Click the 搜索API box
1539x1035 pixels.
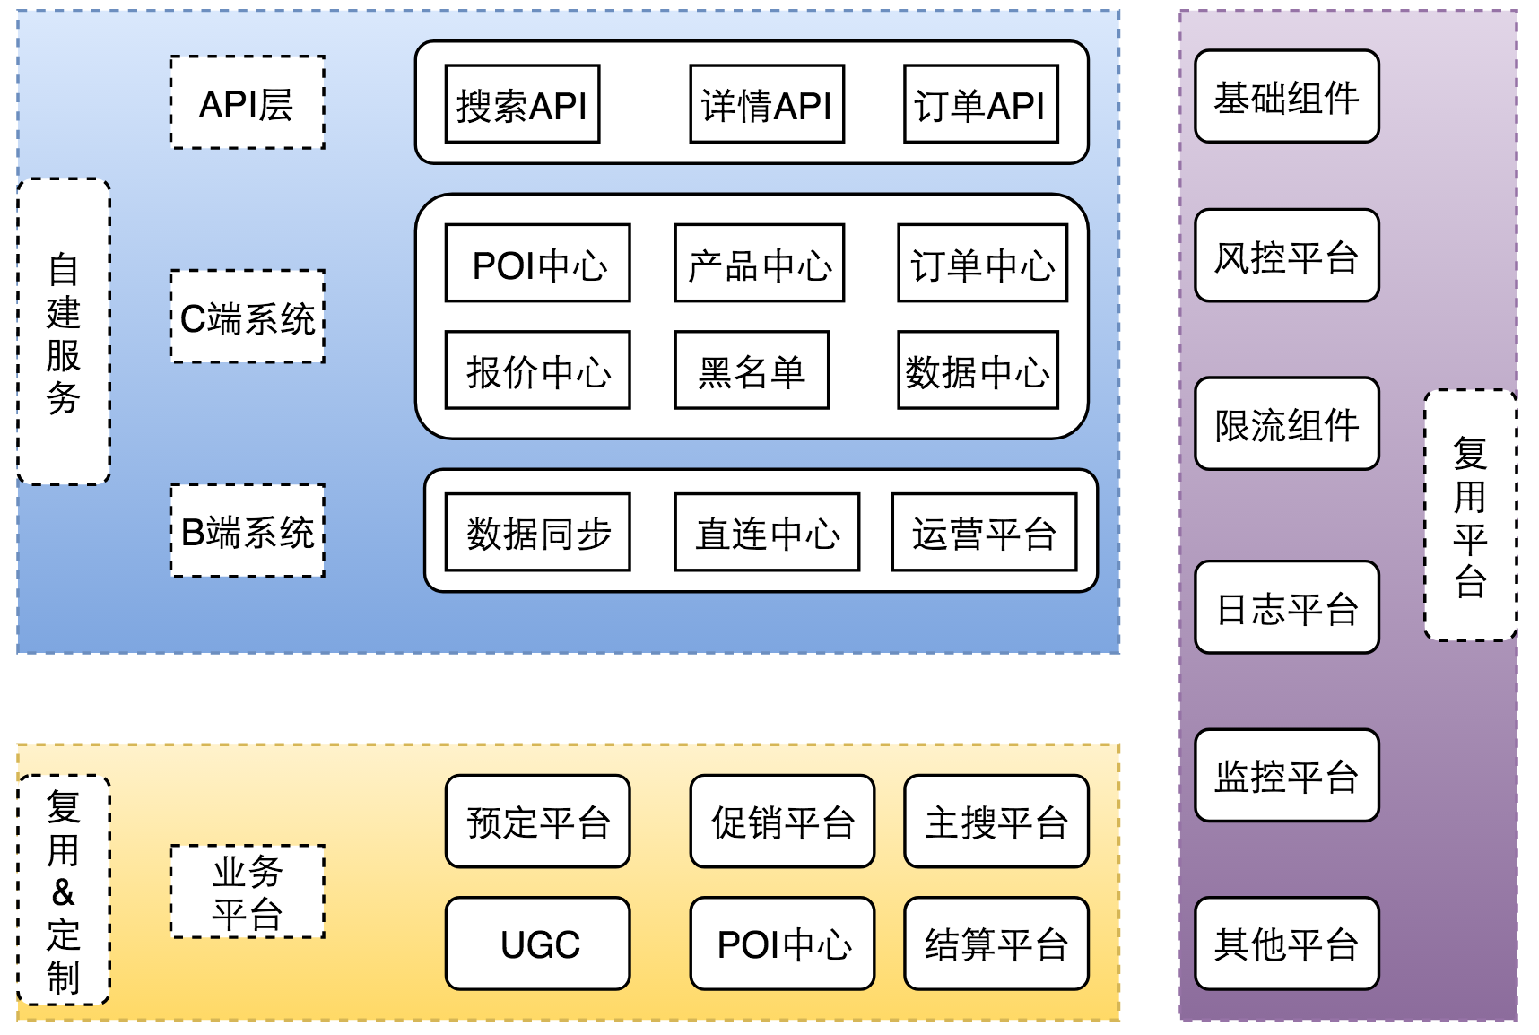pyautogui.click(x=522, y=103)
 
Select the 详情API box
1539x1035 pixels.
pyautogui.click(x=767, y=103)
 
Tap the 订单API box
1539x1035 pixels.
pyautogui.click(x=981, y=103)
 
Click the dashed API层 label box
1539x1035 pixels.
pyautogui.click(x=248, y=102)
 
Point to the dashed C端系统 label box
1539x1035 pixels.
pyautogui.click(x=248, y=317)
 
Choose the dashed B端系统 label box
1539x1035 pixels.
pyautogui.click(x=248, y=531)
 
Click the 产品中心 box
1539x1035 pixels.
pyautogui.click(x=760, y=263)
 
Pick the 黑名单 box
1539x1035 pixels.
pyautogui.click(x=752, y=370)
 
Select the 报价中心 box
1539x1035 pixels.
pyautogui.click(x=538, y=370)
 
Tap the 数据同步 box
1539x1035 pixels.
pyautogui.click(x=538, y=532)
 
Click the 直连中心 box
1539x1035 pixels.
pyautogui.click(x=767, y=532)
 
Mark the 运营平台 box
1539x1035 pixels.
pyautogui.click(x=984, y=532)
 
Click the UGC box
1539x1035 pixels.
pyautogui.click(x=538, y=944)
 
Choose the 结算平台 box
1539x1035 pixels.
pyautogui.click(x=996, y=944)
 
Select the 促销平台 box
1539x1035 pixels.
pyautogui.click(x=782, y=822)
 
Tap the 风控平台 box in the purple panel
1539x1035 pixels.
pyautogui.click(x=1287, y=256)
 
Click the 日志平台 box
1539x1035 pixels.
pyautogui.click(x=1287, y=607)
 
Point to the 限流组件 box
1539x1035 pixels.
pyautogui.click(x=1287, y=423)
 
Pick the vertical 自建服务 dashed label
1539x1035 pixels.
pyautogui.click(x=64, y=332)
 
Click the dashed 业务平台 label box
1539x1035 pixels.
pyautogui.click(x=248, y=891)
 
